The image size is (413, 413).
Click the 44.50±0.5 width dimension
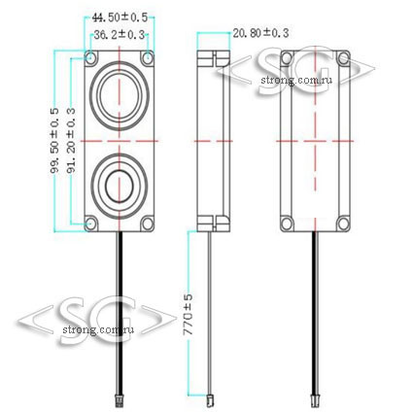point(120,17)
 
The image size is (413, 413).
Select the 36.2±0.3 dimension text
point(119,35)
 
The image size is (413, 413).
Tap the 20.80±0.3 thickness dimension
point(260,33)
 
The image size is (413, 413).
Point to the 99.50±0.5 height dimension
point(54,141)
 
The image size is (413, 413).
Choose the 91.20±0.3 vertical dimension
point(71,140)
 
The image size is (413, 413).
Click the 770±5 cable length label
point(188,314)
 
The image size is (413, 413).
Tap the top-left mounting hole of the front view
point(91,58)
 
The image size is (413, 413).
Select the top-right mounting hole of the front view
point(148,58)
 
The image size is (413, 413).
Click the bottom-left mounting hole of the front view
point(91,224)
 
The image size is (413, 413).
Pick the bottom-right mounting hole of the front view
point(148,224)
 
